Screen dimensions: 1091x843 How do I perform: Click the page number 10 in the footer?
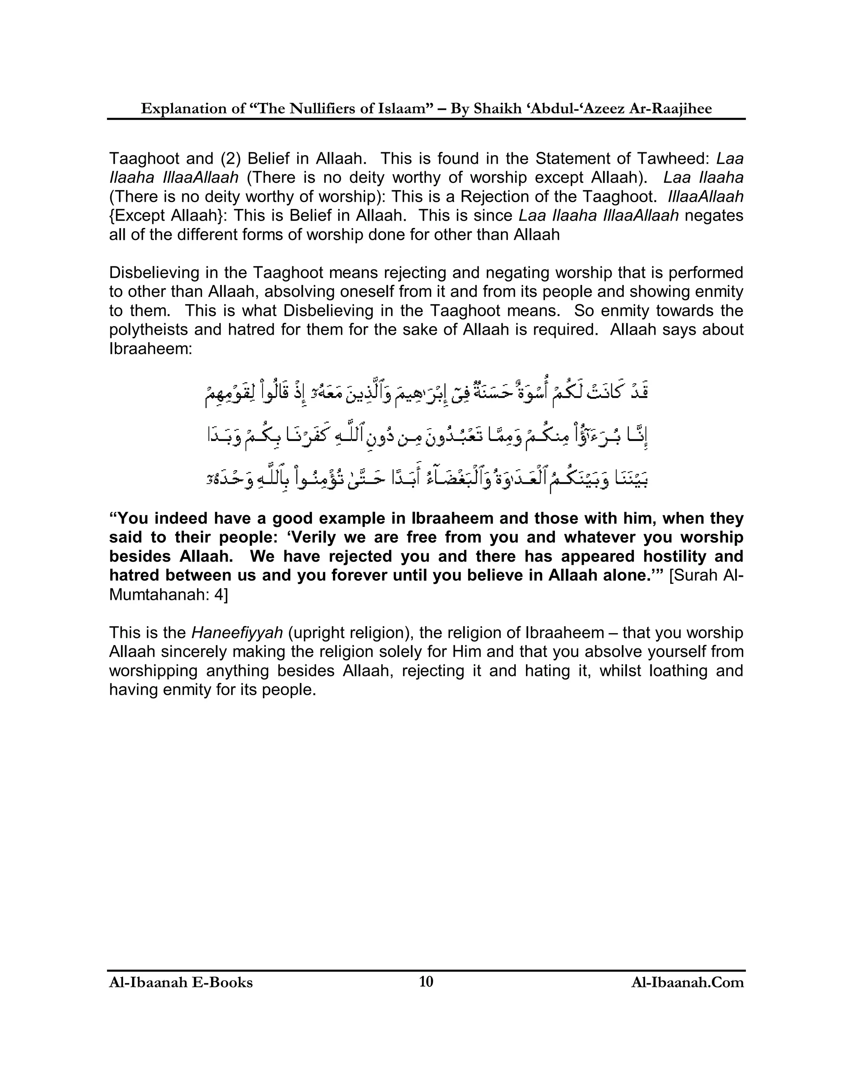(426, 981)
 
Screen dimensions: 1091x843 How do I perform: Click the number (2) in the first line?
(231, 159)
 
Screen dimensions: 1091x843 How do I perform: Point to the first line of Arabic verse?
(426, 392)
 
